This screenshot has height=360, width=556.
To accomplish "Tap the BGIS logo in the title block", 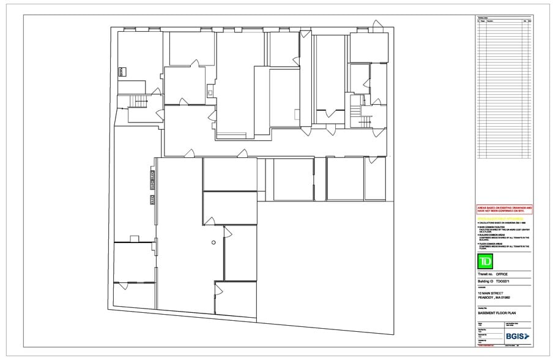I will pos(517,336).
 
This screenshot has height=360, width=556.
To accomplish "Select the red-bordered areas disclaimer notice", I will pos(505,209).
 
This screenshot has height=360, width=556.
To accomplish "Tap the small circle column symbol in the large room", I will pos(213,243).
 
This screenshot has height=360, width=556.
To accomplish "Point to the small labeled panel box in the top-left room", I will pos(121,72).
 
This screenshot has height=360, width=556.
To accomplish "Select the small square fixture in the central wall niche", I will pos(210,93).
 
